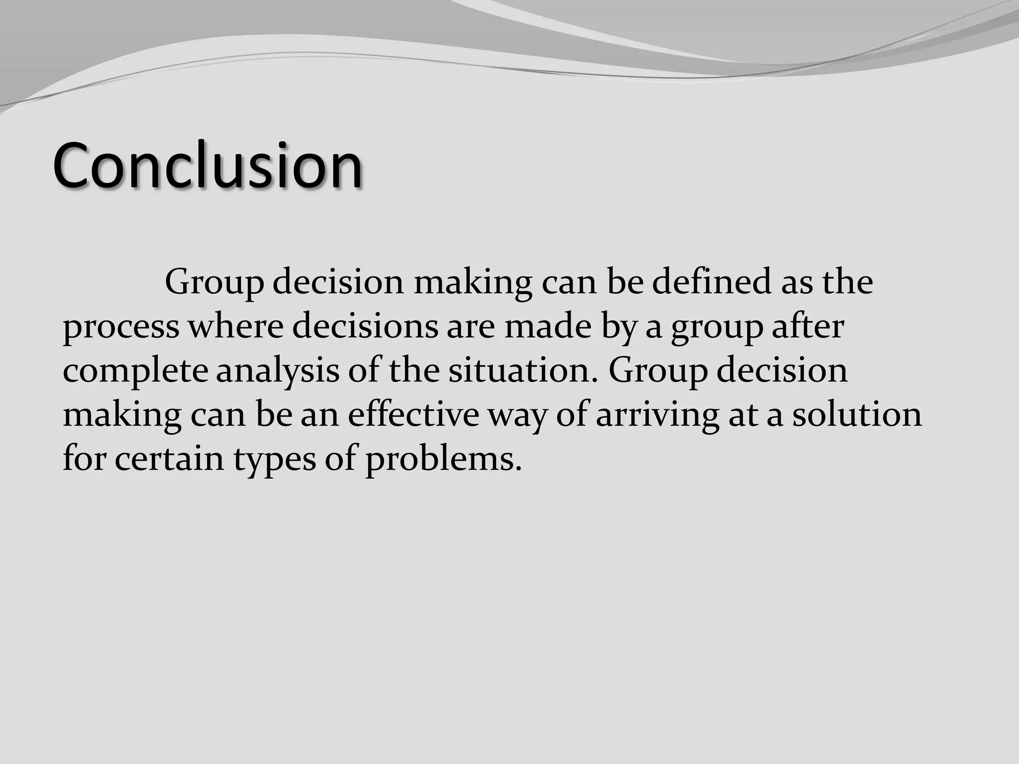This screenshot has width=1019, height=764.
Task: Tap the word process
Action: click(121, 327)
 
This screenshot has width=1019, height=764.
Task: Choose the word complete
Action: click(135, 371)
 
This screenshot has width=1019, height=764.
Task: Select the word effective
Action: click(413, 414)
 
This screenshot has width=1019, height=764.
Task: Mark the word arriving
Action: click(657, 415)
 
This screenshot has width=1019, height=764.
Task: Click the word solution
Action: click(857, 414)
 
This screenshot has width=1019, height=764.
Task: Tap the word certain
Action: click(169, 458)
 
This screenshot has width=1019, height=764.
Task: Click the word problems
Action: click(443, 459)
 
